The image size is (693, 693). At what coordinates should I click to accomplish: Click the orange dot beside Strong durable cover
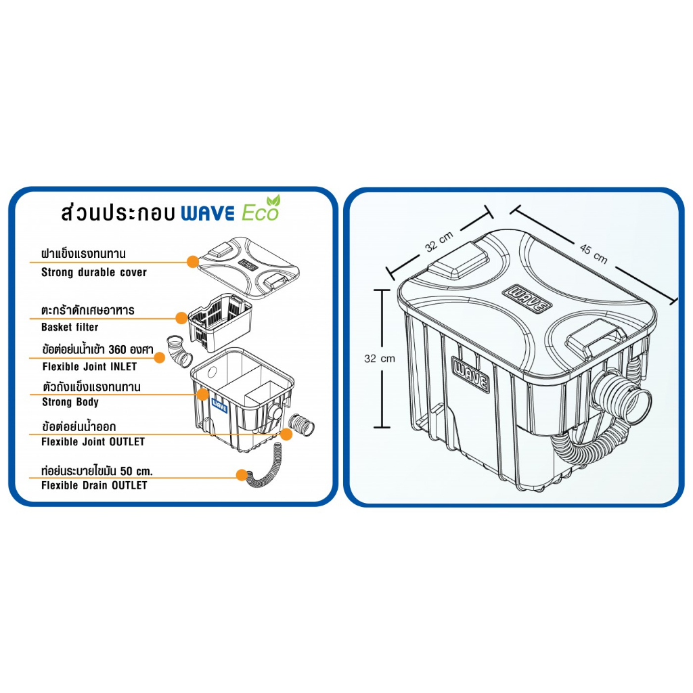point(193,262)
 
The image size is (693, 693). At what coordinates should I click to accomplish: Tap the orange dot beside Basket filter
point(181,318)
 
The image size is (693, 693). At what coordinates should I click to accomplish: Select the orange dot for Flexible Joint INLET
point(159,357)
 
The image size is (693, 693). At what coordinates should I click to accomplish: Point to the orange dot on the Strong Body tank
point(202,395)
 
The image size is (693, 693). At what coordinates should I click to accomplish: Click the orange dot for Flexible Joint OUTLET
point(286,434)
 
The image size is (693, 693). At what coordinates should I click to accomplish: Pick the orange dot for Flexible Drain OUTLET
point(242,475)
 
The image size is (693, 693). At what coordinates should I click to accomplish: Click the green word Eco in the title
point(260,213)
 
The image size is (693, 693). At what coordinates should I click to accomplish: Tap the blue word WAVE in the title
point(208,214)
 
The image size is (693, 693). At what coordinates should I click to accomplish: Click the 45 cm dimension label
point(593,254)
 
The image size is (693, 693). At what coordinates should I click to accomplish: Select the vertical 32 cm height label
point(379,359)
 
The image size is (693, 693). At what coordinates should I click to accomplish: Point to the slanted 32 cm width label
point(439,242)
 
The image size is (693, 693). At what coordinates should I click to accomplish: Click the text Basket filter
point(70,327)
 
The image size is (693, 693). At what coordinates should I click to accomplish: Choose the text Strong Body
point(70,402)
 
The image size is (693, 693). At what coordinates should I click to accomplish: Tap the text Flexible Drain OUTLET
point(94,485)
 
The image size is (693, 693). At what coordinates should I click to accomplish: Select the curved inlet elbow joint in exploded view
point(179,352)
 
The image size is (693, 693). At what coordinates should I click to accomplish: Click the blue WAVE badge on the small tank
point(220,406)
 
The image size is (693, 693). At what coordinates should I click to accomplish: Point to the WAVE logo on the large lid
point(527,299)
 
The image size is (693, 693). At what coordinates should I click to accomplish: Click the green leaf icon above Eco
point(273,200)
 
